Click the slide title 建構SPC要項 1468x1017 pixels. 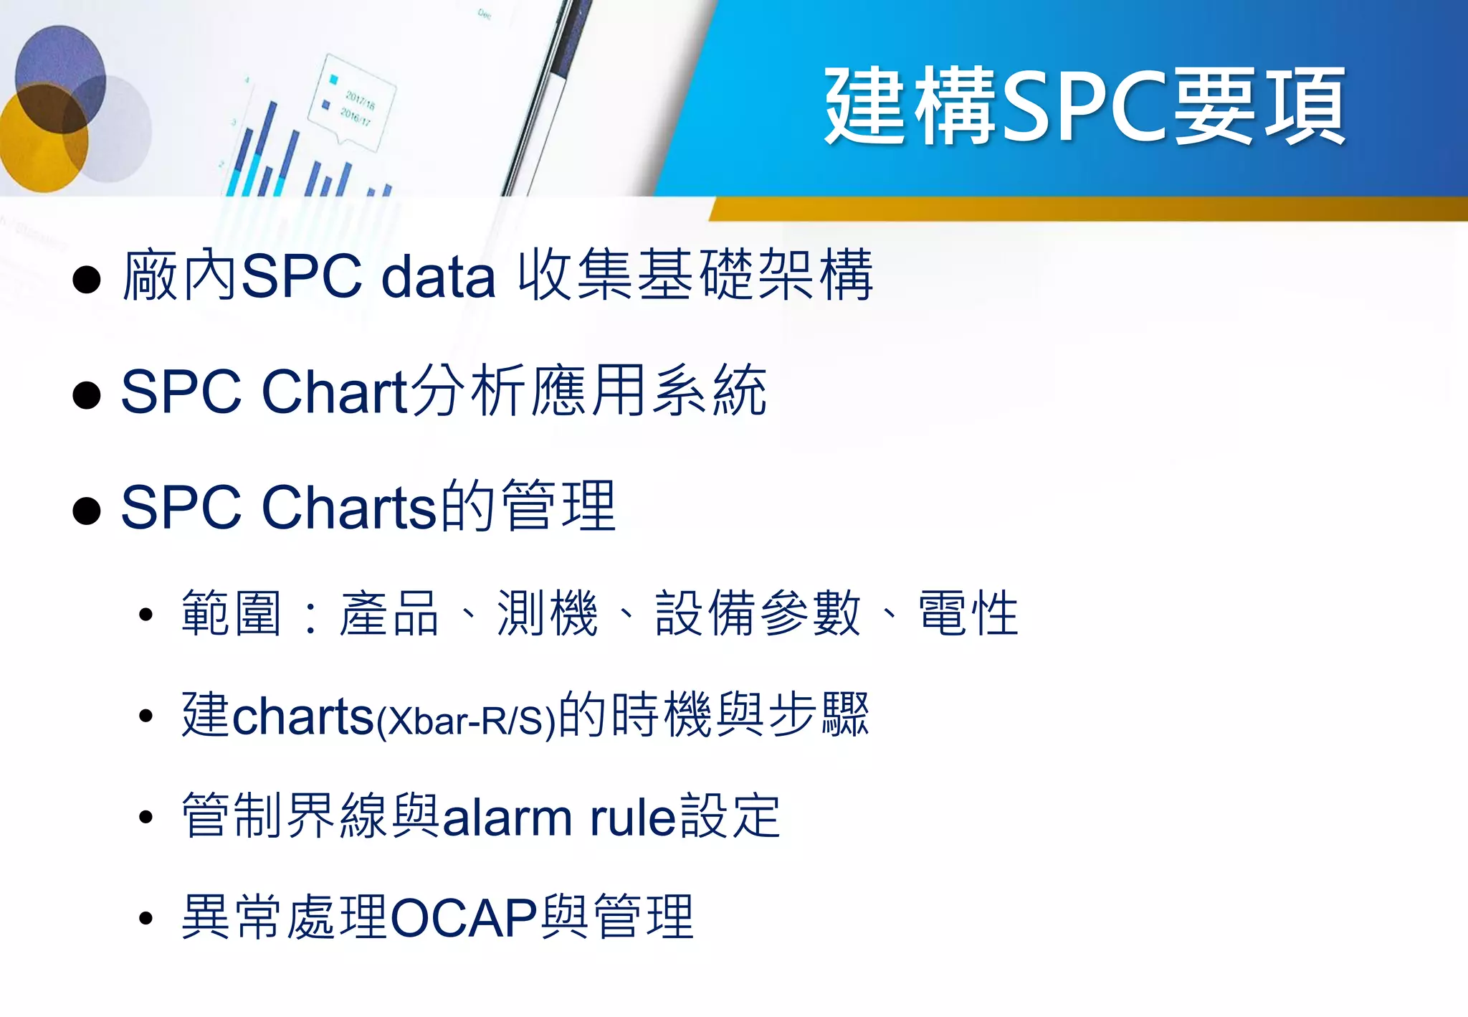(1085, 106)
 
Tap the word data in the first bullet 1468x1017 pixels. (438, 276)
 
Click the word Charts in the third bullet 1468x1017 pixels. (349, 507)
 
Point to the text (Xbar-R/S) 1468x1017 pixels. (467, 720)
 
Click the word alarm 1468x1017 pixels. (508, 818)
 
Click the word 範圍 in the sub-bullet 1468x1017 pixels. (231, 614)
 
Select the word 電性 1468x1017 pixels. (968, 614)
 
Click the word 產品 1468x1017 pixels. (389, 614)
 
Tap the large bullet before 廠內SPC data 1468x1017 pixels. (87, 279)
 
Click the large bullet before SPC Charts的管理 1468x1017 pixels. (87, 510)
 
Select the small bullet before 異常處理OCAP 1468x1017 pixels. (146, 919)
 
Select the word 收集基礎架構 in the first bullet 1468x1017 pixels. (695, 275)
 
